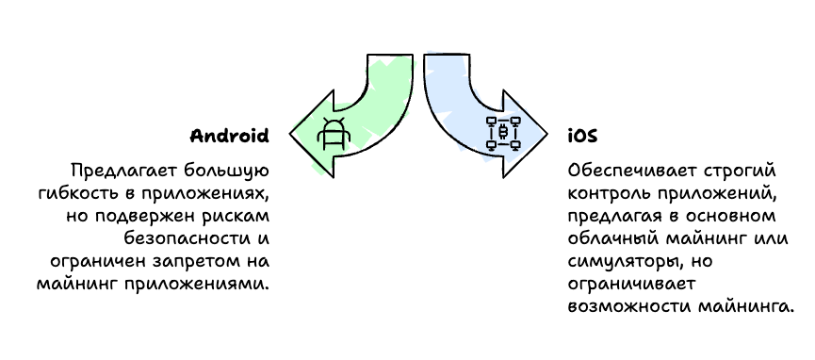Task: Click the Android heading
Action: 230,136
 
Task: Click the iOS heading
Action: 581,136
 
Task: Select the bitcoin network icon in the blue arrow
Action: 503,133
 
